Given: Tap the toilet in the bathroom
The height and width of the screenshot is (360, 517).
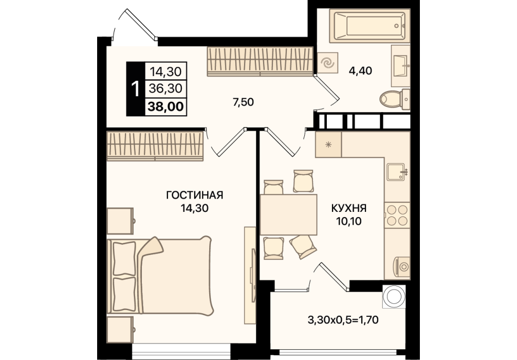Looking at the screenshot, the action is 394,98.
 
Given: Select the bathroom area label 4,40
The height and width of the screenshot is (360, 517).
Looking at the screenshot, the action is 360,70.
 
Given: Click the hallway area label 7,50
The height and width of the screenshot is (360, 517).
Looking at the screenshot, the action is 243,102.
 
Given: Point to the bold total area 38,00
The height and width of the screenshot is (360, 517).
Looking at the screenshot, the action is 166,107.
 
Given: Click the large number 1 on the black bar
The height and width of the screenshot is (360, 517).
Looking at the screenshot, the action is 135,89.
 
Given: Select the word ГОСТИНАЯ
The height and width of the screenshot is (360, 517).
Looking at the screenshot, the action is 195,195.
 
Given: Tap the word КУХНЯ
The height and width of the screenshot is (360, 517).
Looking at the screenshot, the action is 348,208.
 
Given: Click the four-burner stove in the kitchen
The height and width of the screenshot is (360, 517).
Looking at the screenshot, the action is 397,214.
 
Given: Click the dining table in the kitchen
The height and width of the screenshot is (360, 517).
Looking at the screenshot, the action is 288,214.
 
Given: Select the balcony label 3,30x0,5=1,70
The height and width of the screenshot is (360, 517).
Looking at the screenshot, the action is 343,320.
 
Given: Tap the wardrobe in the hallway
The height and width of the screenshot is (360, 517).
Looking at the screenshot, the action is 260,61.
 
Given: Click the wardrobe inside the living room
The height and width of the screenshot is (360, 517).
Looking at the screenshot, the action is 155,146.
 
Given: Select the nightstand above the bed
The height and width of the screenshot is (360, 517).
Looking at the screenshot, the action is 120,221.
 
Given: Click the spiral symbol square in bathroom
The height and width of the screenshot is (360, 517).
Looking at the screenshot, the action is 327,63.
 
